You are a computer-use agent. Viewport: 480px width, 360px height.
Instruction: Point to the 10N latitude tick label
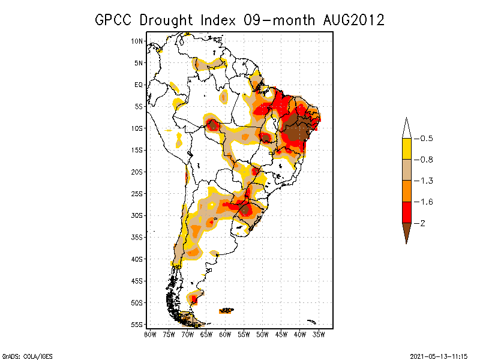(137, 41)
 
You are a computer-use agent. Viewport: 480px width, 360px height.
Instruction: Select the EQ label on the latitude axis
(139, 85)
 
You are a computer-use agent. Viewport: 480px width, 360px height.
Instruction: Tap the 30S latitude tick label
(137, 215)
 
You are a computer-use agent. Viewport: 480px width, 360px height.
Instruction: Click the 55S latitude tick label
(137, 325)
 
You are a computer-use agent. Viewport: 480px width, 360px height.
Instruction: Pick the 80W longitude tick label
(150, 334)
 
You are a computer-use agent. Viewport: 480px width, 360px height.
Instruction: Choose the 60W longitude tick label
(225, 334)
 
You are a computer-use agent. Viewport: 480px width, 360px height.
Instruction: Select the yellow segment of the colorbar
(406, 149)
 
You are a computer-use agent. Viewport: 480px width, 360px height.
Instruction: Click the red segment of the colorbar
(406, 212)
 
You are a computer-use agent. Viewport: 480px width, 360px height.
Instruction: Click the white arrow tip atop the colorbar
(406, 128)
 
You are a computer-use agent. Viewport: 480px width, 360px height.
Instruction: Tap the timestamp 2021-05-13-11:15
(439, 355)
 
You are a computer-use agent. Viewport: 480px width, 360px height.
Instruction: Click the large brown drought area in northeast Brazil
(296, 130)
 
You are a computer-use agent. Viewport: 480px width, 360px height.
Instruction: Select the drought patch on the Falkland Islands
(227, 310)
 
